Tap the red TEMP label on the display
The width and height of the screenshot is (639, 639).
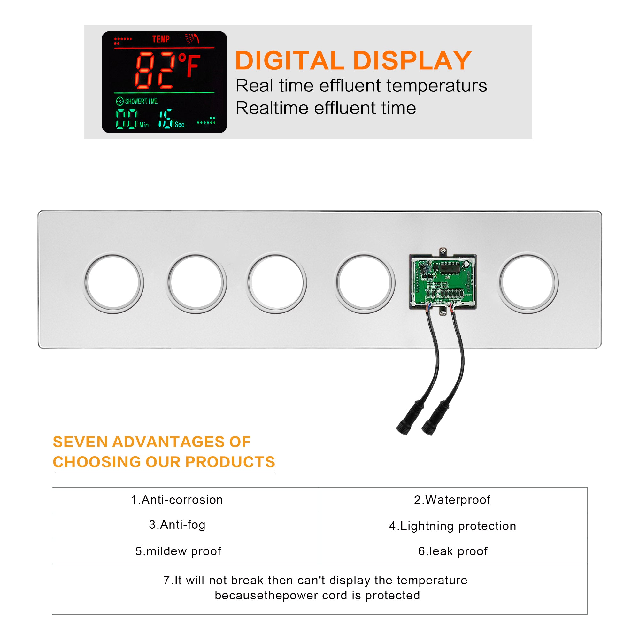pos(161,39)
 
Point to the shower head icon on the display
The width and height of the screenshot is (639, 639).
pos(192,38)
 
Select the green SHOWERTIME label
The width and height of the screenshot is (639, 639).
pos(141,101)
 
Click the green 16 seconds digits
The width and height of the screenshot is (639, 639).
pos(166,119)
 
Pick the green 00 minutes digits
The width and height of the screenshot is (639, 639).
pos(126,119)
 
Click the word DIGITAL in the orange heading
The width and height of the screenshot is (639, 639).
pos(290,60)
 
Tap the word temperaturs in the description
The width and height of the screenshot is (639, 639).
pos(436,86)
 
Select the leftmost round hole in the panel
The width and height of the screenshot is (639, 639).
pos(113,283)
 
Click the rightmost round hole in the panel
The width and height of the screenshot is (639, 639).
pos(528,283)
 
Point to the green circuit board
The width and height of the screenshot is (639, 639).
pos(443,282)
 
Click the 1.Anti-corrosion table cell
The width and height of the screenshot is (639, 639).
pos(186,500)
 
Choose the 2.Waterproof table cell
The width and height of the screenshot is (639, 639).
pos(453,500)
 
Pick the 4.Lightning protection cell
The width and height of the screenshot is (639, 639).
pos(453,526)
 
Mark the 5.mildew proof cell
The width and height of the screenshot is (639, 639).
pos(186,551)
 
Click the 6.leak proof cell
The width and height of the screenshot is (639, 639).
pos(453,551)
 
